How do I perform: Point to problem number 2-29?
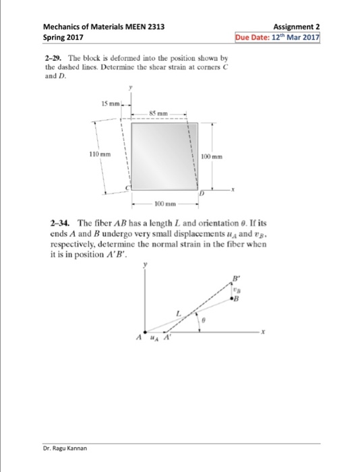click(51, 59)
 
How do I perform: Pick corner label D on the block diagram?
click(200, 194)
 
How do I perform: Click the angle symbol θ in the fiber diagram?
click(202, 322)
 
